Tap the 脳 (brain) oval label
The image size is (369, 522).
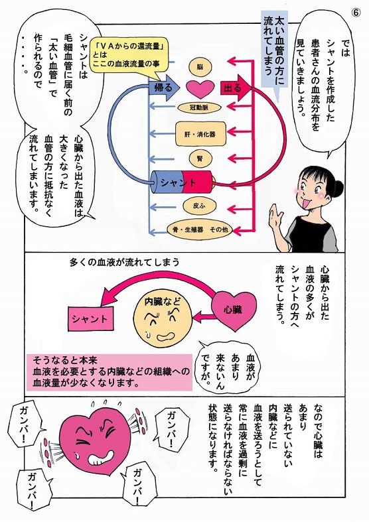pyautogui.click(x=200, y=67)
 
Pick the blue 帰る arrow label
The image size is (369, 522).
pyautogui.click(x=162, y=87)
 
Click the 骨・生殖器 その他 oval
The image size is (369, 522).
pyautogui.click(x=200, y=228)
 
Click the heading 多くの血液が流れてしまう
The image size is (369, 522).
pyautogui.click(x=124, y=261)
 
